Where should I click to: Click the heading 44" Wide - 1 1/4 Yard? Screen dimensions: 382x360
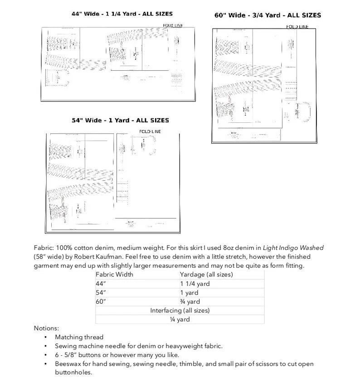click(122, 14)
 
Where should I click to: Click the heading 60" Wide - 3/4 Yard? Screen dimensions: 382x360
click(268, 15)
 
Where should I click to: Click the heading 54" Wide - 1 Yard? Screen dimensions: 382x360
click(120, 121)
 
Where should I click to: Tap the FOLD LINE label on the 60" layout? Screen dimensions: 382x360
click(297, 27)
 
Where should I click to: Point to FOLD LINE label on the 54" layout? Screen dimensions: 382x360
click(150, 131)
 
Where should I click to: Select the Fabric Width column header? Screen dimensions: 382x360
click(114, 275)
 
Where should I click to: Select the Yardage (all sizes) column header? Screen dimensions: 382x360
click(206, 275)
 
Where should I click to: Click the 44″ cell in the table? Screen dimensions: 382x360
click(101, 284)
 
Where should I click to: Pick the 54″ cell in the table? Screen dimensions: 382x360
click(101, 293)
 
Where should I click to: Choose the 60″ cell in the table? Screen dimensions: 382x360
click(101, 301)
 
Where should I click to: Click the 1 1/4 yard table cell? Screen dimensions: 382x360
click(195, 284)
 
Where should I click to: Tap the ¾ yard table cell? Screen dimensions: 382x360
click(190, 301)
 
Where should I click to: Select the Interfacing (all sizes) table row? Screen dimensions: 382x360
click(180, 310)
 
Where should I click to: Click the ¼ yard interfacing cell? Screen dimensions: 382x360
click(180, 319)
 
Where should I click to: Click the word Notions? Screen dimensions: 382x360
click(46, 328)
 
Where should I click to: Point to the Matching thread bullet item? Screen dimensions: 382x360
click(79, 337)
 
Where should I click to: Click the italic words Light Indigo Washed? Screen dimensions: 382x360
click(294, 248)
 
